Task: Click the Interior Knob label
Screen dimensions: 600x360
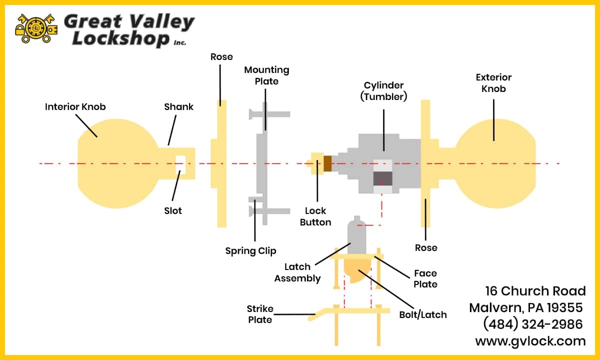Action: (75, 107)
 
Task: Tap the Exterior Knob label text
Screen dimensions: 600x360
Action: (493, 83)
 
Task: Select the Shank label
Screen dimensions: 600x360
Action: (178, 107)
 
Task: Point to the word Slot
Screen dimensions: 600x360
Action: (173, 211)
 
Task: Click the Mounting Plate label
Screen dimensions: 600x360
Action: (266, 75)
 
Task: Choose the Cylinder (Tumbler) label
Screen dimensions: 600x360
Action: (383, 91)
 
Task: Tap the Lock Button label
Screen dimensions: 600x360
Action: (315, 216)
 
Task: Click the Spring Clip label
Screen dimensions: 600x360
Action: (250, 251)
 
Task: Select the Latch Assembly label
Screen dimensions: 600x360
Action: (297, 272)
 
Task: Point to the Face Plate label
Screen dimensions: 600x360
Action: (425, 278)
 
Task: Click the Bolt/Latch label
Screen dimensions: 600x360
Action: (423, 314)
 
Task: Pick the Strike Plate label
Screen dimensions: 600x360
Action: (260, 314)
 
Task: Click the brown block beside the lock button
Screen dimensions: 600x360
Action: (327, 163)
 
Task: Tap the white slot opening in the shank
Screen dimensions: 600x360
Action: (180, 164)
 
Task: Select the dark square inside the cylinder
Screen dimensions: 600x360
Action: (383, 178)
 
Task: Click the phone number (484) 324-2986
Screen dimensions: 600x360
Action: (533, 324)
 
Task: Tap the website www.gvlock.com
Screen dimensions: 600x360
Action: (530, 341)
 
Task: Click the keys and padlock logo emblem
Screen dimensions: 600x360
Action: (36, 28)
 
